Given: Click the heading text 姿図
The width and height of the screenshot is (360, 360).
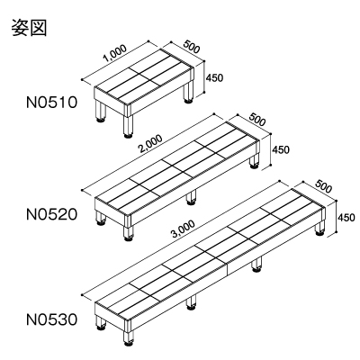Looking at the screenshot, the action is click(30, 28).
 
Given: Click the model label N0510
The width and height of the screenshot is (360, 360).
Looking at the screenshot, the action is click(52, 103).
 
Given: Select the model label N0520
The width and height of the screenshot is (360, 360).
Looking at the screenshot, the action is click(52, 214).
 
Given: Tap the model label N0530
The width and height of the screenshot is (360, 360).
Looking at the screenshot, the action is click(52, 319).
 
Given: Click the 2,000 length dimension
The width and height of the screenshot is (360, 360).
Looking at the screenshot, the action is click(150, 144).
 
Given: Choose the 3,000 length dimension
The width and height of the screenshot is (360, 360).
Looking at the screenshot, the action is click(184, 230).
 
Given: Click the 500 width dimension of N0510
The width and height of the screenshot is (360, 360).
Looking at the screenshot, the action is click(191, 47).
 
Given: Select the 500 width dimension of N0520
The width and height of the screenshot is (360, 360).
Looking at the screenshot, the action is click(257, 119).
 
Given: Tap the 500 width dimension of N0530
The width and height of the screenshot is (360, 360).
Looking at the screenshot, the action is click(323, 186).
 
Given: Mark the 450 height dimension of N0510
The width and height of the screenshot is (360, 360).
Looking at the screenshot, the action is click(214, 77).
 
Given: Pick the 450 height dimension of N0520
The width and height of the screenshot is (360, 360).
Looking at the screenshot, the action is click(281, 149).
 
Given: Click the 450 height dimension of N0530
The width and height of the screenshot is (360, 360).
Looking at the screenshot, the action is click(346, 217).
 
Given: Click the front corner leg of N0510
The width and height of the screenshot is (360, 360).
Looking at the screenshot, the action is click(129, 125).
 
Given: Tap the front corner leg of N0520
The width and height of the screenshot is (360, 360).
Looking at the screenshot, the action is click(129, 233).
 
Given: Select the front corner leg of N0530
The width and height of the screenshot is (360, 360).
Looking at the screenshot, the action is click(129, 338).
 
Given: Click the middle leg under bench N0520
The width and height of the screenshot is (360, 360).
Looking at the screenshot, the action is click(191, 198).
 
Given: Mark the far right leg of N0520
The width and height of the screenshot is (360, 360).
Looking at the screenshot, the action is click(255, 161).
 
